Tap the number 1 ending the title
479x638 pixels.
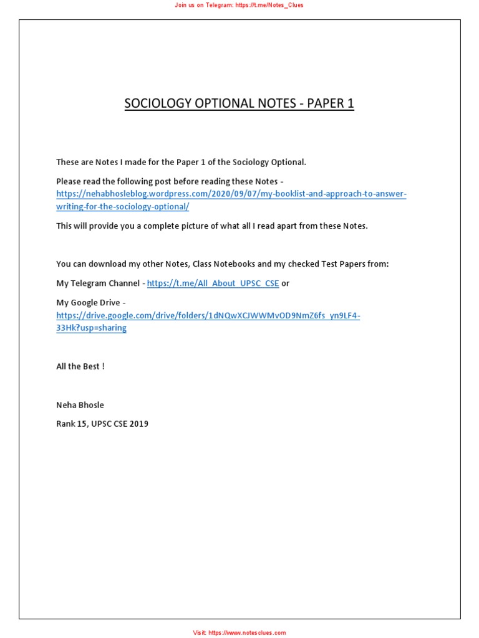(x=351, y=103)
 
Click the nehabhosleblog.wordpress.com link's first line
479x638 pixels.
(x=231, y=194)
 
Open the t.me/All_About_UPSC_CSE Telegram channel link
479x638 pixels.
(x=213, y=283)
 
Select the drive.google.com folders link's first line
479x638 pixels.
(x=208, y=315)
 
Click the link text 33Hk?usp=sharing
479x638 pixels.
(x=91, y=328)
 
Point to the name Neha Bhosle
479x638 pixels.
(x=80, y=405)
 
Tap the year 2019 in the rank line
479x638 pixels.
(x=139, y=424)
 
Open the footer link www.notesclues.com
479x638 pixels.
(x=247, y=632)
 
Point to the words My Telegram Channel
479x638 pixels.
(x=98, y=283)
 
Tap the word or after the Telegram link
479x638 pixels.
(x=286, y=283)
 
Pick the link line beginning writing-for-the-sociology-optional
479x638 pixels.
(x=122, y=206)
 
